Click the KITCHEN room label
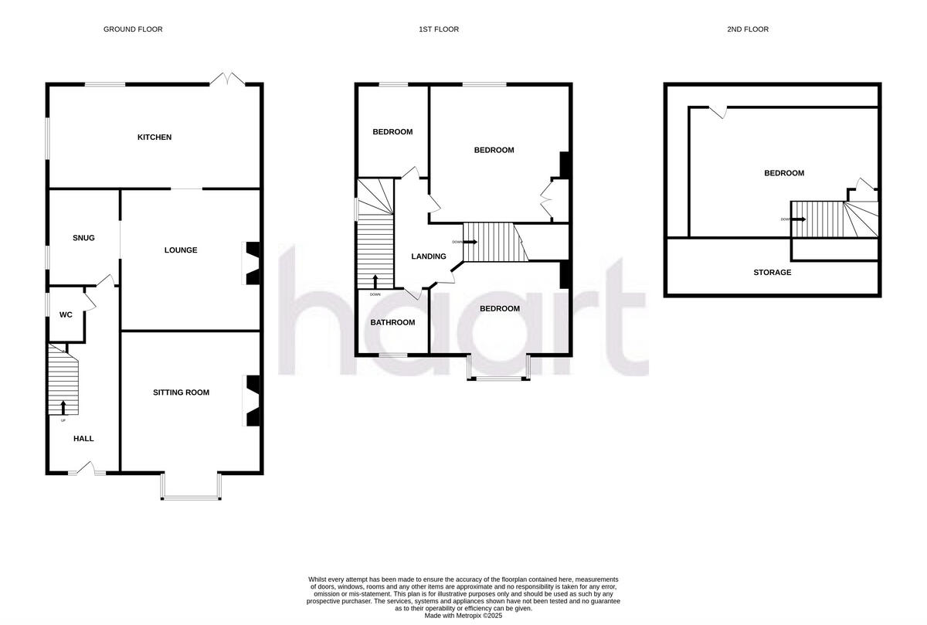click(154, 138)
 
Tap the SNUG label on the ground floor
click(83, 238)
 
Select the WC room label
click(66, 314)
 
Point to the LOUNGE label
click(181, 250)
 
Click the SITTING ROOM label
click(181, 392)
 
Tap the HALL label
click(83, 439)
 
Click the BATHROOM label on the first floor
click(392, 322)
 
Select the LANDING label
click(429, 256)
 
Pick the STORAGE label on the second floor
click(772, 272)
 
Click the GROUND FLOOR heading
click(133, 29)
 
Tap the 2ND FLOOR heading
click(747, 29)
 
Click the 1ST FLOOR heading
click(439, 29)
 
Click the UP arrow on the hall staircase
click(63, 408)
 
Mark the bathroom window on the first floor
click(393, 355)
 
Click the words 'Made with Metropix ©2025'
click(463, 616)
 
